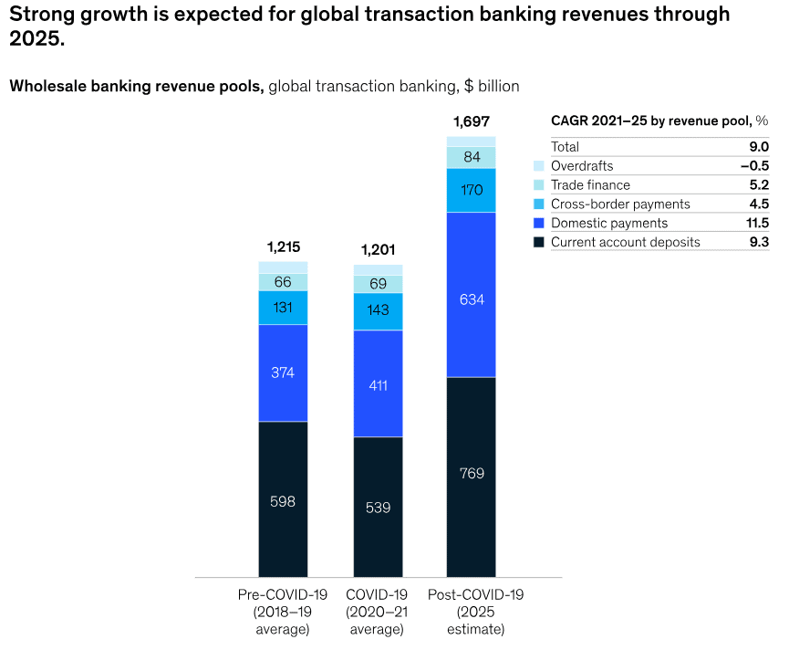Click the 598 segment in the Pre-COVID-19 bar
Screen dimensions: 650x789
283,499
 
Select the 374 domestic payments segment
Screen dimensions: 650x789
283,372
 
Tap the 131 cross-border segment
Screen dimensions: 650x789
283,308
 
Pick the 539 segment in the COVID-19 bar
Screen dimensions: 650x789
378,507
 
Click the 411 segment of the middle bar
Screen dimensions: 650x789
378,384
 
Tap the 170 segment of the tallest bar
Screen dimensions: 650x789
472,191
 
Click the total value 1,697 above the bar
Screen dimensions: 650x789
472,121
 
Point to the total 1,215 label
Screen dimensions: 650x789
283,246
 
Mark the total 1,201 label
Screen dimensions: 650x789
378,249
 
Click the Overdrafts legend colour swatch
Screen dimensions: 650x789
539,166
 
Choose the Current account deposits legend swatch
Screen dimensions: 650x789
539,242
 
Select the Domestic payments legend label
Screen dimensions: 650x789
609,223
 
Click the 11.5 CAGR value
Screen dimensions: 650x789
758,223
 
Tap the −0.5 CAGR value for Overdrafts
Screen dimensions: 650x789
755,166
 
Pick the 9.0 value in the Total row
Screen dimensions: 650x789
759,146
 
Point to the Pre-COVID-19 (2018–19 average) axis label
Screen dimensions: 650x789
283,612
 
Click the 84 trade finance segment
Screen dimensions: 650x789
472,157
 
